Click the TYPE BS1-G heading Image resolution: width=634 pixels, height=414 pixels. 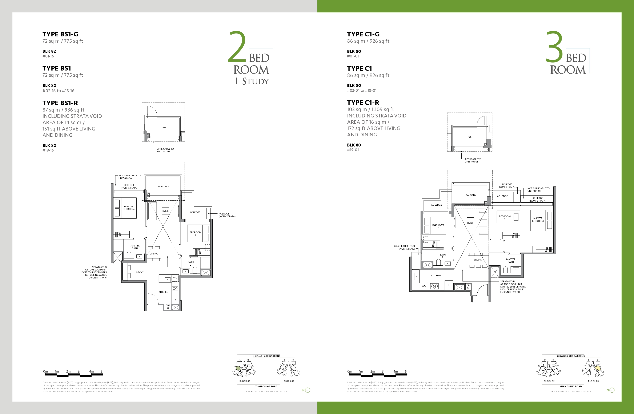[60, 34]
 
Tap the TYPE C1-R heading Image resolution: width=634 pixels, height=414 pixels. [363, 103]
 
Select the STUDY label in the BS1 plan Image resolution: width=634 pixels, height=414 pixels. [140, 272]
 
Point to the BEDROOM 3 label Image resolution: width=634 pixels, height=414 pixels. [505, 218]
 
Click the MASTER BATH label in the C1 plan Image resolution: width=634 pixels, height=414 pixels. [510, 261]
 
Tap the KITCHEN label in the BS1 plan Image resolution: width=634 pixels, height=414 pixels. [163, 292]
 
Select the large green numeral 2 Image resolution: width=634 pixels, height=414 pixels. [237, 47]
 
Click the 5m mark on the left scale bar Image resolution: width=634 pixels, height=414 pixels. [103, 371]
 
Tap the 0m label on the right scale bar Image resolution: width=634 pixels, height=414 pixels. [349, 371]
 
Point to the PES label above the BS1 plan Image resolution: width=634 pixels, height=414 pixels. [164, 128]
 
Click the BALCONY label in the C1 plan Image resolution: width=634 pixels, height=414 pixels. [471, 195]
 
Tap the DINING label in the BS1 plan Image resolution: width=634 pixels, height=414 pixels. [154, 254]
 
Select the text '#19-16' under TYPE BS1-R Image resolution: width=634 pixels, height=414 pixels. [48, 150]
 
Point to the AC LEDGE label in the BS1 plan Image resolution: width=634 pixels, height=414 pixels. [195, 212]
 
